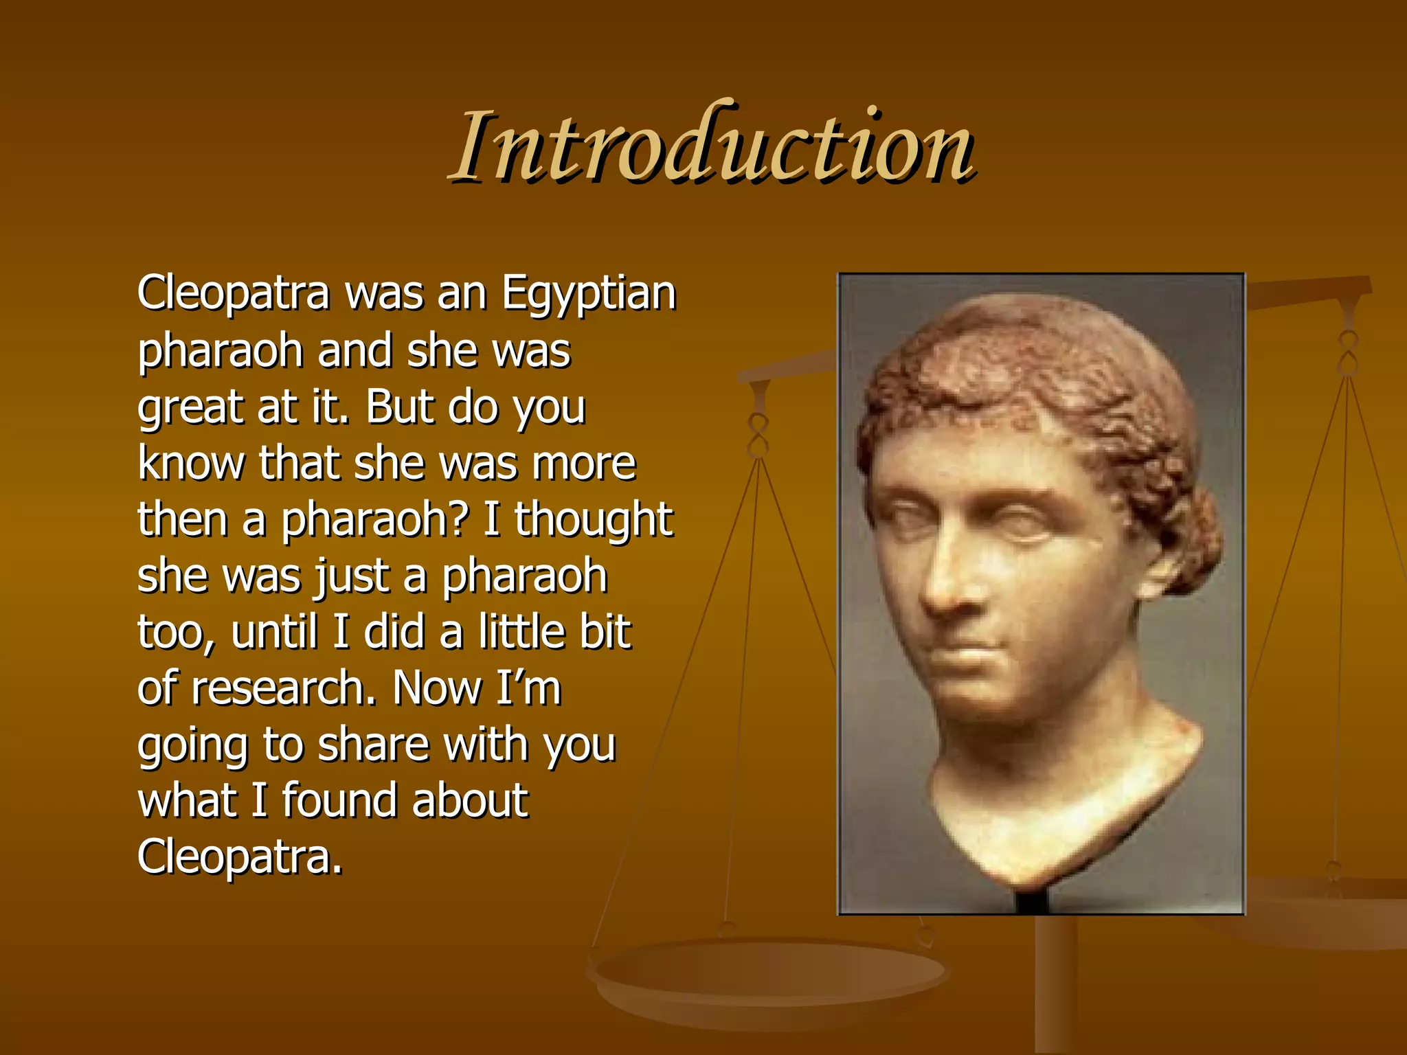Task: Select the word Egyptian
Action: coord(589,294)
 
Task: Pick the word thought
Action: coord(593,520)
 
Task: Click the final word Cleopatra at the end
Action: coord(239,857)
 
